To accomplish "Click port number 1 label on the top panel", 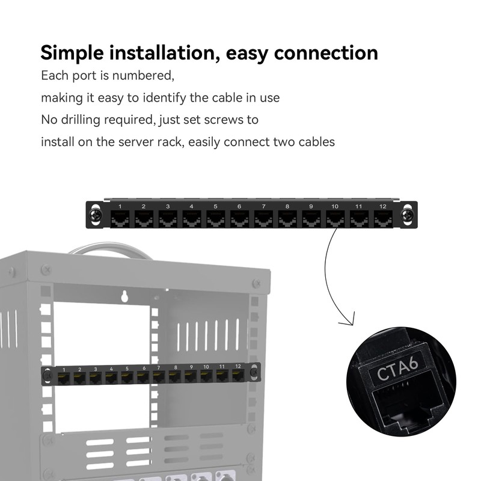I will pos(120,207).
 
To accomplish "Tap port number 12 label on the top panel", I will pos(382,207).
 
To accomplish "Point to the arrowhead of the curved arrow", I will pos(347,320).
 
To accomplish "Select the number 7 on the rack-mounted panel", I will pos(159,367).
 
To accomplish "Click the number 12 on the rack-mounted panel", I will pos(238,366).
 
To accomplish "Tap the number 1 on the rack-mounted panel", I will pos(64,369).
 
